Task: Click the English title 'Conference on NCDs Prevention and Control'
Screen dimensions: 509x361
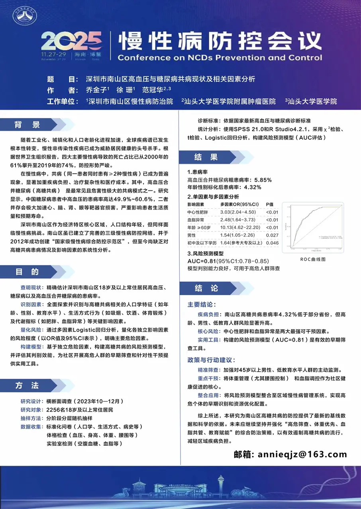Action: (220, 57)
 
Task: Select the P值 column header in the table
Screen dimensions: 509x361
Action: (270, 204)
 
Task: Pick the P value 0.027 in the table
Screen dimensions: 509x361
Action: (273, 235)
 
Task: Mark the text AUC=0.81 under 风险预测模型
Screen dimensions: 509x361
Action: (202, 261)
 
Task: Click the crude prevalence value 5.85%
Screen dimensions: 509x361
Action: (263, 179)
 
